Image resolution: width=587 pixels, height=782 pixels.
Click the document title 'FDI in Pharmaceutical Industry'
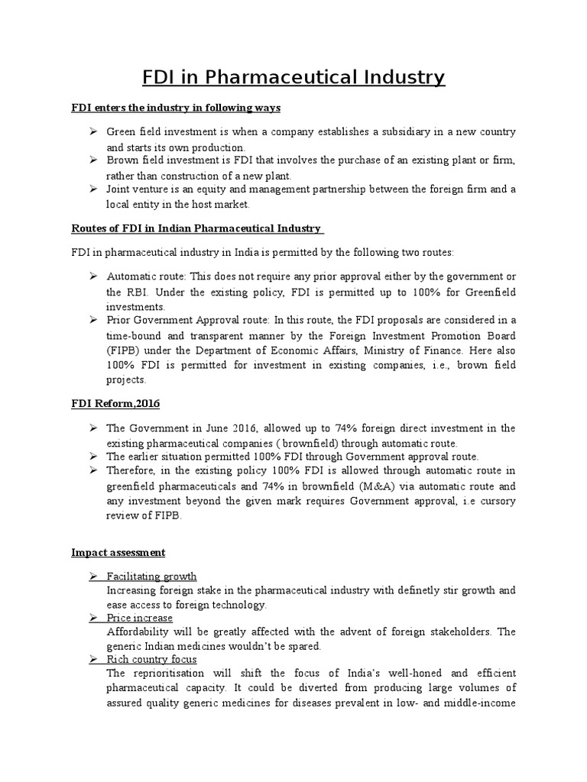point(293,77)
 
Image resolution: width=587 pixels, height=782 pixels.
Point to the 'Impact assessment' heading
point(118,552)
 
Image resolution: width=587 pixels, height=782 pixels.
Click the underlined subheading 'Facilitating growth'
point(151,577)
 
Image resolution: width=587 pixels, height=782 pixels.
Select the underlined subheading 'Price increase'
point(139,618)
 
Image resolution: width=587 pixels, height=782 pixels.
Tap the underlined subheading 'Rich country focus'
point(151,659)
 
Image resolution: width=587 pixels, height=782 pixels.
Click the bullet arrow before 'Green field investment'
point(92,132)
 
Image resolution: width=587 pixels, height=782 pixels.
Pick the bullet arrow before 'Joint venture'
point(92,189)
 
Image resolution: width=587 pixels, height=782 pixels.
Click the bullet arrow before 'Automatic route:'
point(92,276)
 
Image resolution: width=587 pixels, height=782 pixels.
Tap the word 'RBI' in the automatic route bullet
point(135,291)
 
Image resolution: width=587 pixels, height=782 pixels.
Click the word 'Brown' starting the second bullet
point(122,160)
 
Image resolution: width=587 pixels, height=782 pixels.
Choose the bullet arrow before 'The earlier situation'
point(92,457)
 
